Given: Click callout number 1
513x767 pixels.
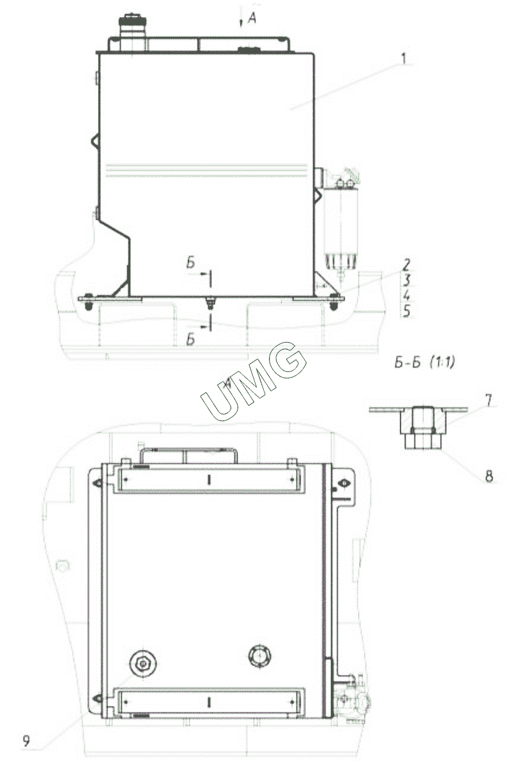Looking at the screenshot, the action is [404, 59].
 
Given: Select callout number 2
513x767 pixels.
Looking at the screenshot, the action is [406, 265].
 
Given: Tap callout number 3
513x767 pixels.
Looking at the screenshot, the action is [406, 281].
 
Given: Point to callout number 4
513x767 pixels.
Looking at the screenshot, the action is [406, 295].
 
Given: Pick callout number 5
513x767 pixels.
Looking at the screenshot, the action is [406, 311].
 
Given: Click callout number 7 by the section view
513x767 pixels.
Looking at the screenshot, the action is [488, 401].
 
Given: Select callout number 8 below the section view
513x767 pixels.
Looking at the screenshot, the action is [489, 476].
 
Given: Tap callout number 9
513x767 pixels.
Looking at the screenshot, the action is [26, 741].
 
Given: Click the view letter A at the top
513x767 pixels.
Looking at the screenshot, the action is [252, 18].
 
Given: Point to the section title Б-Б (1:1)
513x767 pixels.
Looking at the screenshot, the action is [424, 362].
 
